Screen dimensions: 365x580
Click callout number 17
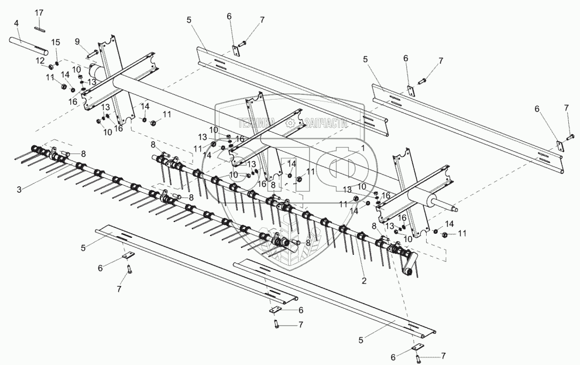pyautogui.click(x=39, y=12)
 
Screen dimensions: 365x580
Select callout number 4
pyautogui.click(x=16, y=23)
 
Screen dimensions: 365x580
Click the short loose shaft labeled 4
pyautogui.click(x=29, y=45)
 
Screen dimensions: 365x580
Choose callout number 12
pyautogui.click(x=39, y=60)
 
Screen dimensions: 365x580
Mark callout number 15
pyautogui.click(x=56, y=42)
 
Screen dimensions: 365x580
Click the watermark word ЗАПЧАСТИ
pyautogui.click(x=326, y=123)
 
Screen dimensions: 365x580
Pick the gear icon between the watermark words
pyautogui.click(x=291, y=123)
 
